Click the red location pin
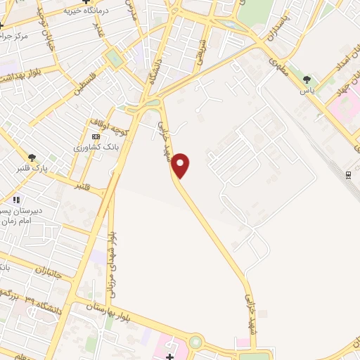tap(181, 165)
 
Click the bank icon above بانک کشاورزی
tap(96, 136)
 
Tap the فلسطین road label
tap(89, 80)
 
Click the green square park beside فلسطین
tap(114, 59)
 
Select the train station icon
tap(348, 174)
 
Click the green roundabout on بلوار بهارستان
tap(195, 342)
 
